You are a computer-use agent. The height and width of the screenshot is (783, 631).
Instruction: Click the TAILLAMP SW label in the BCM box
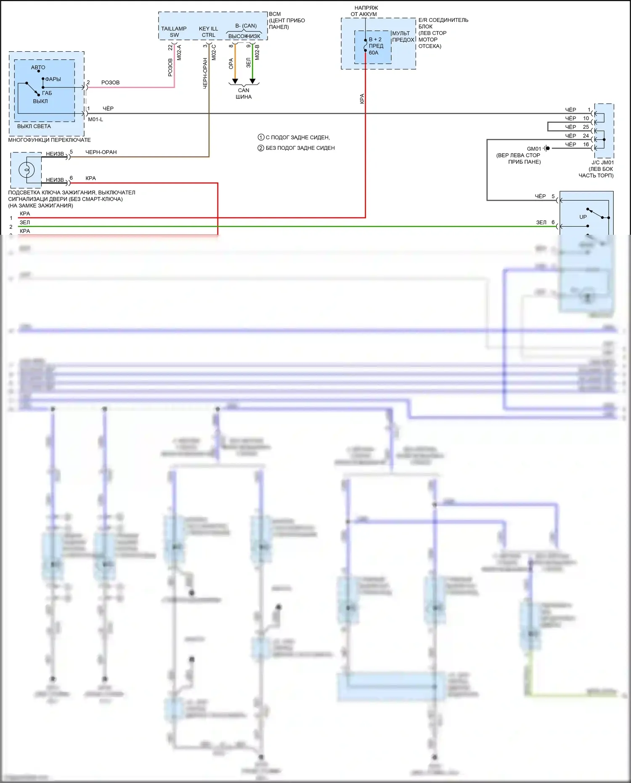point(174,32)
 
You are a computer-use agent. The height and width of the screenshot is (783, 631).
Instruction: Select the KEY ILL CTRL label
point(208,32)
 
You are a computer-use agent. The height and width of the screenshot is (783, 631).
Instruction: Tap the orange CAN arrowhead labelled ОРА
point(235,81)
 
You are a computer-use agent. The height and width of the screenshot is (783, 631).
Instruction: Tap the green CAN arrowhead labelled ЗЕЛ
point(252,81)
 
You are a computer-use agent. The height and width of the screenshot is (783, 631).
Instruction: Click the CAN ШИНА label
point(244,93)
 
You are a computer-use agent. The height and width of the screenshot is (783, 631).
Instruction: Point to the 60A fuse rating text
point(374,53)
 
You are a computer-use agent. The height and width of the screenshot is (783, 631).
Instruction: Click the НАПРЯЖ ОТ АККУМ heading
point(365,11)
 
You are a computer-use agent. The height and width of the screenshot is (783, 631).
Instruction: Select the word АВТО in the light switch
point(38,67)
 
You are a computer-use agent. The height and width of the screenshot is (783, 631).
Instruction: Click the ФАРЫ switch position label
point(53,79)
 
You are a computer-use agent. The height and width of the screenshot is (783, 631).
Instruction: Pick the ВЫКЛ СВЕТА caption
point(34,126)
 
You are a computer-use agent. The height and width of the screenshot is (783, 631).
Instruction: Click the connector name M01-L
point(95,119)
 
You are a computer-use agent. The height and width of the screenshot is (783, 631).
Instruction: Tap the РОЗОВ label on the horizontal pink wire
point(110,82)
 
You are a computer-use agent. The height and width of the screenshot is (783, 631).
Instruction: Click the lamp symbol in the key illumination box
point(27,170)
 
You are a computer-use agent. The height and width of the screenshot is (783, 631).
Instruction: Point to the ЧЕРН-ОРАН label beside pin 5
point(101,152)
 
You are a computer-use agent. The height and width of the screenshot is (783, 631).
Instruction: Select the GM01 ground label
point(534,149)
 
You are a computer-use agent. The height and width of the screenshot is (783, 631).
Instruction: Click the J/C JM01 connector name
point(602,162)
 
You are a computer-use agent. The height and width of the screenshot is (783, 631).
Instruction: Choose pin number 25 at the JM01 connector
point(586,127)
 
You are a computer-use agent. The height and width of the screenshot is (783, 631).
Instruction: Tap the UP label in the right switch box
point(583,217)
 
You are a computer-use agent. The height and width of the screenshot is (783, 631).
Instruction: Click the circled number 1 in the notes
point(261,138)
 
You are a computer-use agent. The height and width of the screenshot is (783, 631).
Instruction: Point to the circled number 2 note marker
point(261,148)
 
